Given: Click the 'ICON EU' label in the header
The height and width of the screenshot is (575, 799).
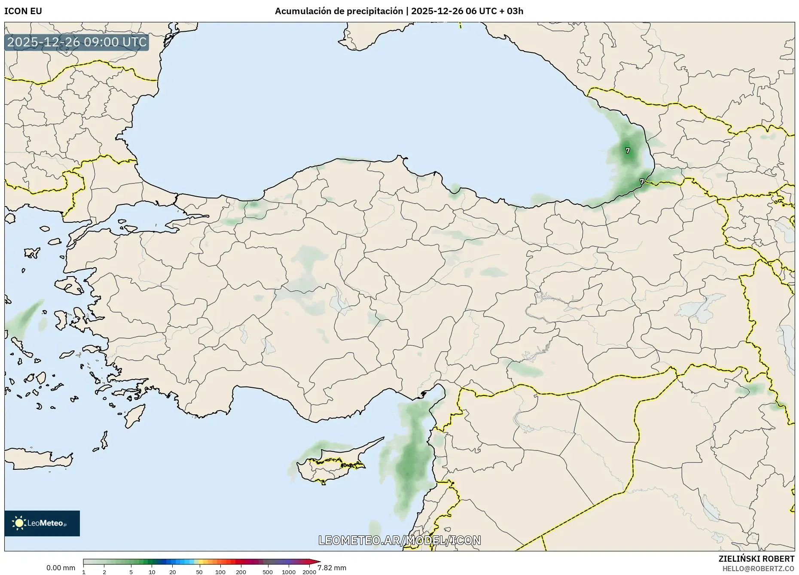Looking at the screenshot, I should click(x=23, y=11).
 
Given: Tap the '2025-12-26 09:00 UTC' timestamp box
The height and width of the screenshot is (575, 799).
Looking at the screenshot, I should click(x=77, y=43).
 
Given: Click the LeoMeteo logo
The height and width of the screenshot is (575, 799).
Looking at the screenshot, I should click(x=42, y=523).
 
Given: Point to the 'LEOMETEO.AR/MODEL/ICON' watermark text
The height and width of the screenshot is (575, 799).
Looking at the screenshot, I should click(x=399, y=540).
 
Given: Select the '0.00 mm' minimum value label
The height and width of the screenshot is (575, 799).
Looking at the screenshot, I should click(x=61, y=568).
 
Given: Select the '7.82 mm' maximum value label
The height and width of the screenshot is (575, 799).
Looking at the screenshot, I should click(x=332, y=568).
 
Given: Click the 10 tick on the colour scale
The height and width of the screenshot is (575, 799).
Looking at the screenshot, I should click(x=152, y=572).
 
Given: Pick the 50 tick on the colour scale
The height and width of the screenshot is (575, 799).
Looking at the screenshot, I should click(x=199, y=572).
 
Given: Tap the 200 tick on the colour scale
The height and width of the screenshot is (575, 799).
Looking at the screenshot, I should click(x=241, y=572).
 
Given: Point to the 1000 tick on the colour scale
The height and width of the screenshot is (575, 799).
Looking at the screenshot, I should click(x=288, y=572).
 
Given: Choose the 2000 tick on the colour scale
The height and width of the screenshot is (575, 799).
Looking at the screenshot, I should click(x=309, y=572).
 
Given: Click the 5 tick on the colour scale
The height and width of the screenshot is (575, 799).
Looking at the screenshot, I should click(x=131, y=572).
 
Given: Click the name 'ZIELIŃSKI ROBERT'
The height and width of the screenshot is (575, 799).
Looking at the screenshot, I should click(x=756, y=559).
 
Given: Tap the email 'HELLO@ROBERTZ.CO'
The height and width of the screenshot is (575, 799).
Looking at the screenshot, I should click(x=758, y=569).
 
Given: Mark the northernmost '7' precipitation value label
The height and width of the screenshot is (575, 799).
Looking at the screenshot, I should click(x=628, y=151).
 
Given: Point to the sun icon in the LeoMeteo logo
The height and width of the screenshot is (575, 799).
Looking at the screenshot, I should click(x=19, y=523).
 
